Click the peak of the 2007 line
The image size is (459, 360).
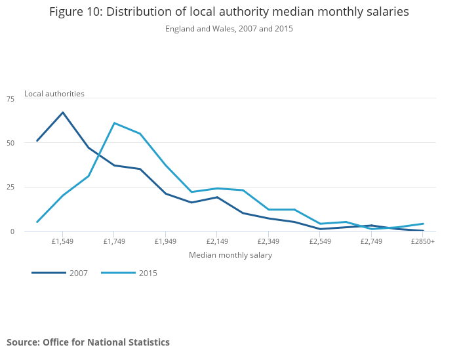tap(63, 113)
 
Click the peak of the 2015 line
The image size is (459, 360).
tap(114, 123)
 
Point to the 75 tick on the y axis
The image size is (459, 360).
tap(10, 99)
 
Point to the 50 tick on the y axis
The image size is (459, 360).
tap(10, 143)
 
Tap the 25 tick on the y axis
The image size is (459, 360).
tap(10, 187)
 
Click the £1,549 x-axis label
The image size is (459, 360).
tap(62, 242)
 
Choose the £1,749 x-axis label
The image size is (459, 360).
tap(114, 242)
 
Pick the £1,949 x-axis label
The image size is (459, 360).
tap(165, 242)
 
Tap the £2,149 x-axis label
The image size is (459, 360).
tap(217, 242)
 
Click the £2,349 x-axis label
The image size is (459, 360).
tap(268, 242)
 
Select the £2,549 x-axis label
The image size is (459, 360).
tap(320, 242)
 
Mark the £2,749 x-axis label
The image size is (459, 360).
tap(371, 242)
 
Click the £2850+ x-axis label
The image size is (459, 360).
tap(423, 242)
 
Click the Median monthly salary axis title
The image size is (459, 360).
tap(230, 255)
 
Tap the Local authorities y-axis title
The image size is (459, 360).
tap(54, 94)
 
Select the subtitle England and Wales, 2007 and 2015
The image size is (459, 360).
tap(229, 29)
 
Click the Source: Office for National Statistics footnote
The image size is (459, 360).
tap(88, 342)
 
